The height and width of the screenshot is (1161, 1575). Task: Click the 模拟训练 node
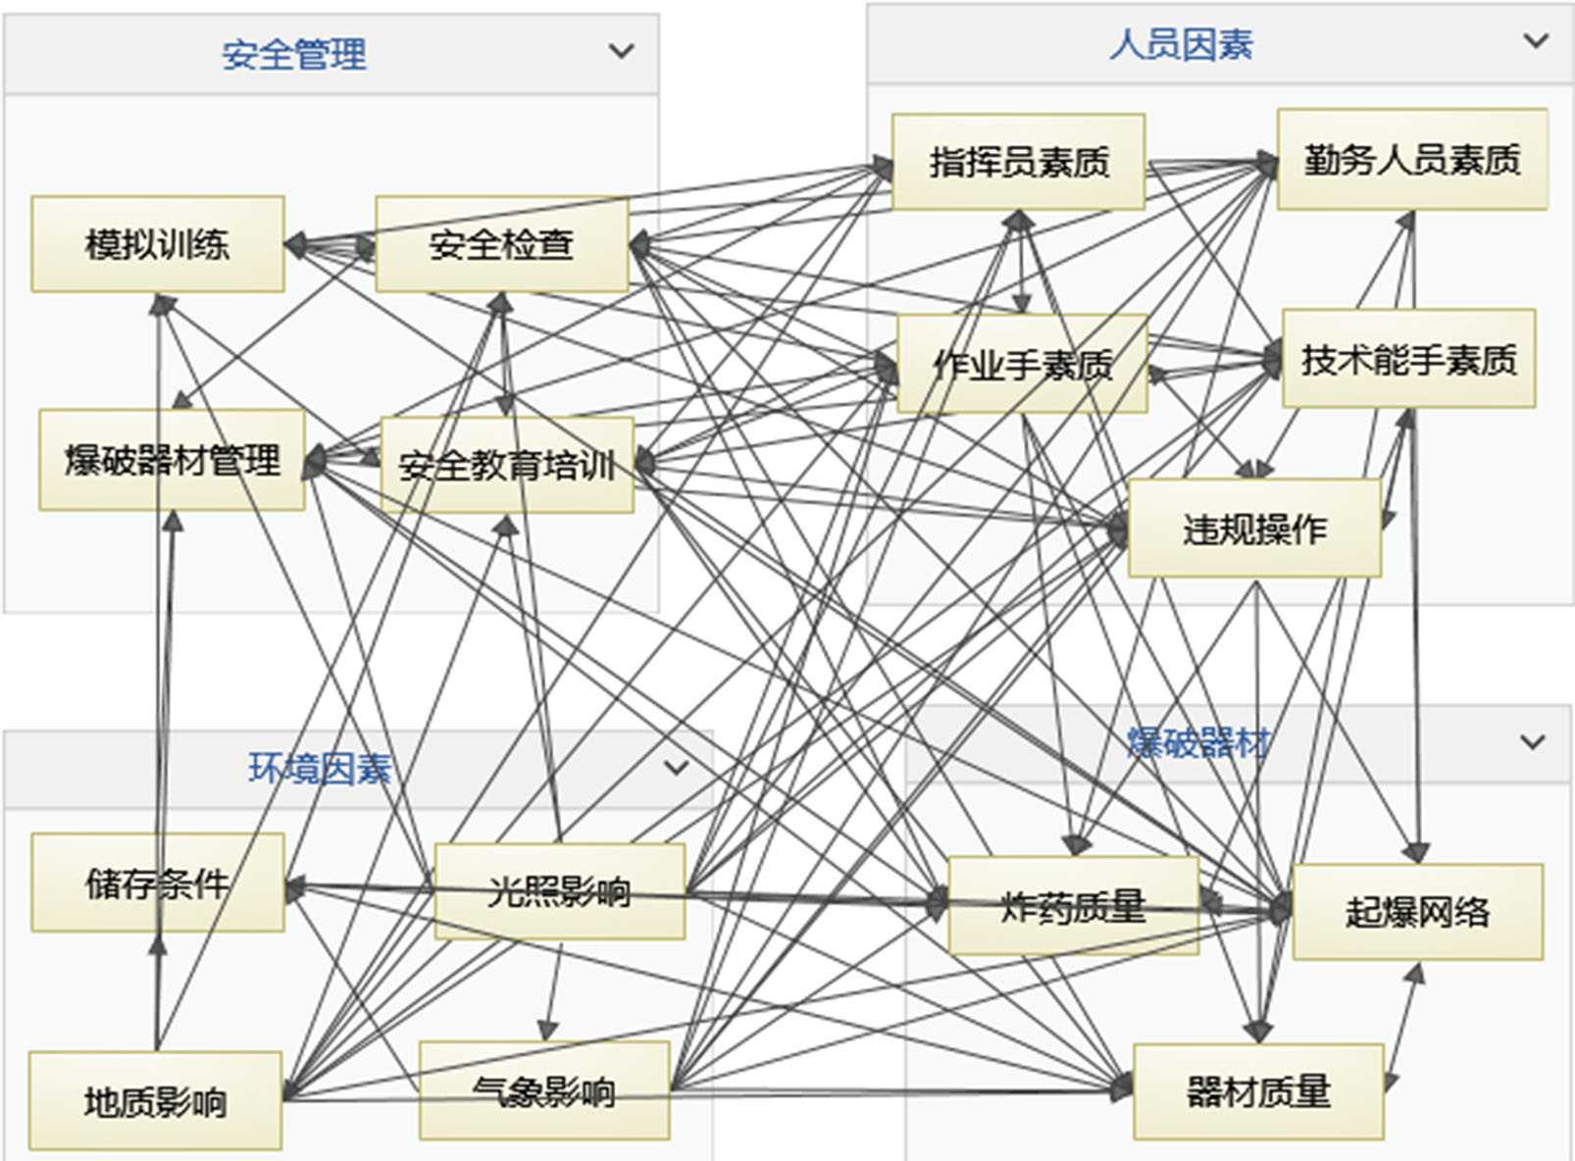[x=158, y=243]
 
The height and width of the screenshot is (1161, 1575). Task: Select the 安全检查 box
[x=501, y=243]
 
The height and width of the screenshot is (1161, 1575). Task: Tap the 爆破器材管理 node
[x=172, y=459]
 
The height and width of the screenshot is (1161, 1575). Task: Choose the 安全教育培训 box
[x=507, y=464]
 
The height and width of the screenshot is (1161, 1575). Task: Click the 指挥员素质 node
[x=1018, y=161]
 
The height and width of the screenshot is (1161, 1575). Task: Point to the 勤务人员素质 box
[x=1411, y=159]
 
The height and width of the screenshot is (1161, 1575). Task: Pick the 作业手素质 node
[x=1022, y=364]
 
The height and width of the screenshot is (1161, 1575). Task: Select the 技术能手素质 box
[x=1408, y=359]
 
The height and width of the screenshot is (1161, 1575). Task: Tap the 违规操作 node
[x=1254, y=528]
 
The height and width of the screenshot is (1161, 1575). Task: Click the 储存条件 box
[x=157, y=883]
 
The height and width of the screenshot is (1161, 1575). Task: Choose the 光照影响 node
[x=559, y=891]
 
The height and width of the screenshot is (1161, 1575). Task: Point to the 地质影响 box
[x=155, y=1101]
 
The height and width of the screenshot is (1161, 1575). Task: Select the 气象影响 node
[x=544, y=1090]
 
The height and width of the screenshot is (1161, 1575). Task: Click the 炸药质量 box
[x=1073, y=905]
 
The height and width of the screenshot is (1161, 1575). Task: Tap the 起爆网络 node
[x=1417, y=912]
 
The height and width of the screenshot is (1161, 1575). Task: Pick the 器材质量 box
[x=1258, y=1091]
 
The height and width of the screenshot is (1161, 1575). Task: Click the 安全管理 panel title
[x=293, y=55]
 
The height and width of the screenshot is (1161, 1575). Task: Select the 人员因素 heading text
[x=1181, y=45]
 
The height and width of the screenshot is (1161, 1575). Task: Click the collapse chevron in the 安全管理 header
[x=621, y=51]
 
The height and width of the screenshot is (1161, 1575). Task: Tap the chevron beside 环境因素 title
[x=676, y=767]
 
